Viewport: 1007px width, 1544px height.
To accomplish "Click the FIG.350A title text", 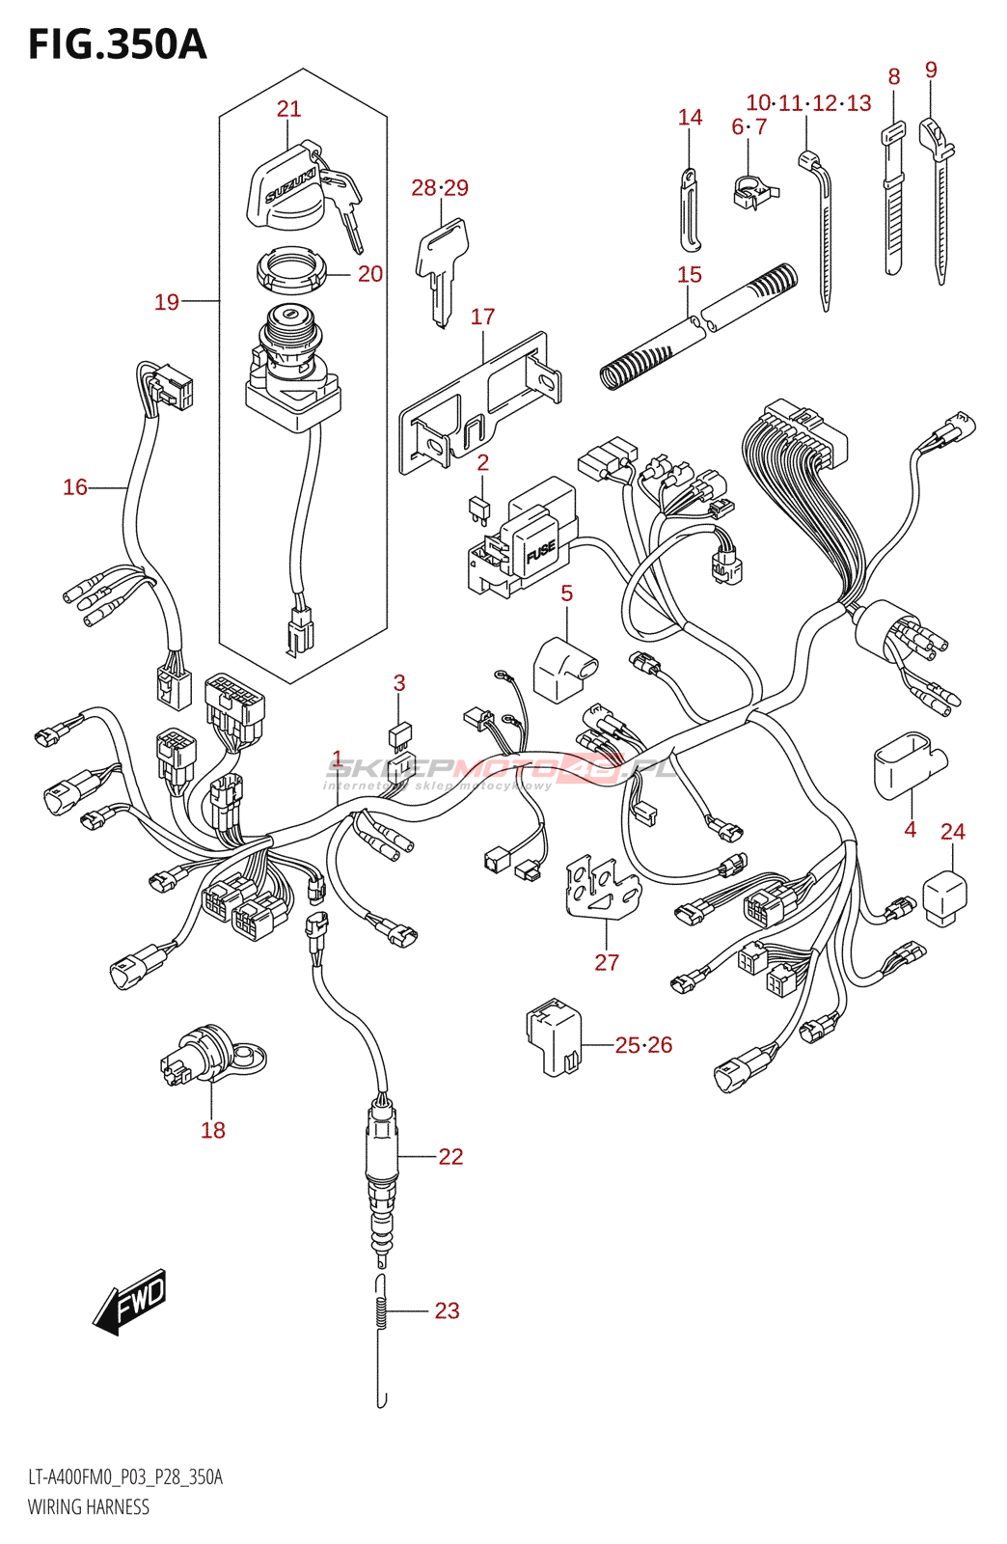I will tap(117, 44).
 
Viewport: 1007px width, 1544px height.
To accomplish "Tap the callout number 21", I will tap(288, 109).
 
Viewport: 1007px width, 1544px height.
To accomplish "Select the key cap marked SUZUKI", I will tap(285, 186).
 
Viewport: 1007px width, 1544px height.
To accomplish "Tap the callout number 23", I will tap(447, 1310).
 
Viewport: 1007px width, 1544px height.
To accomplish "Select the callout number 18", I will tap(212, 1130).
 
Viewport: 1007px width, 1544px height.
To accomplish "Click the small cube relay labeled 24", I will tap(945, 897).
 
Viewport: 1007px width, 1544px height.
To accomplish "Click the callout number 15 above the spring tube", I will tap(689, 275).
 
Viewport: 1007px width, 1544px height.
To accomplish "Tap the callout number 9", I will tap(930, 69).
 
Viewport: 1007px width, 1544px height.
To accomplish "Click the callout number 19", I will tap(167, 302).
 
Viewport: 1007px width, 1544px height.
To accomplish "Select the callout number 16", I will tap(75, 487).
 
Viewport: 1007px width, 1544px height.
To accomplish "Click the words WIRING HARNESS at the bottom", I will tap(88, 1507).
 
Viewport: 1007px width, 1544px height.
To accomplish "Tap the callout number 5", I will tap(566, 593).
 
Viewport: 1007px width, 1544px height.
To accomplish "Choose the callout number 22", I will tap(450, 1156).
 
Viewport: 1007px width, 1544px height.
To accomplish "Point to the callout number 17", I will tap(482, 317).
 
